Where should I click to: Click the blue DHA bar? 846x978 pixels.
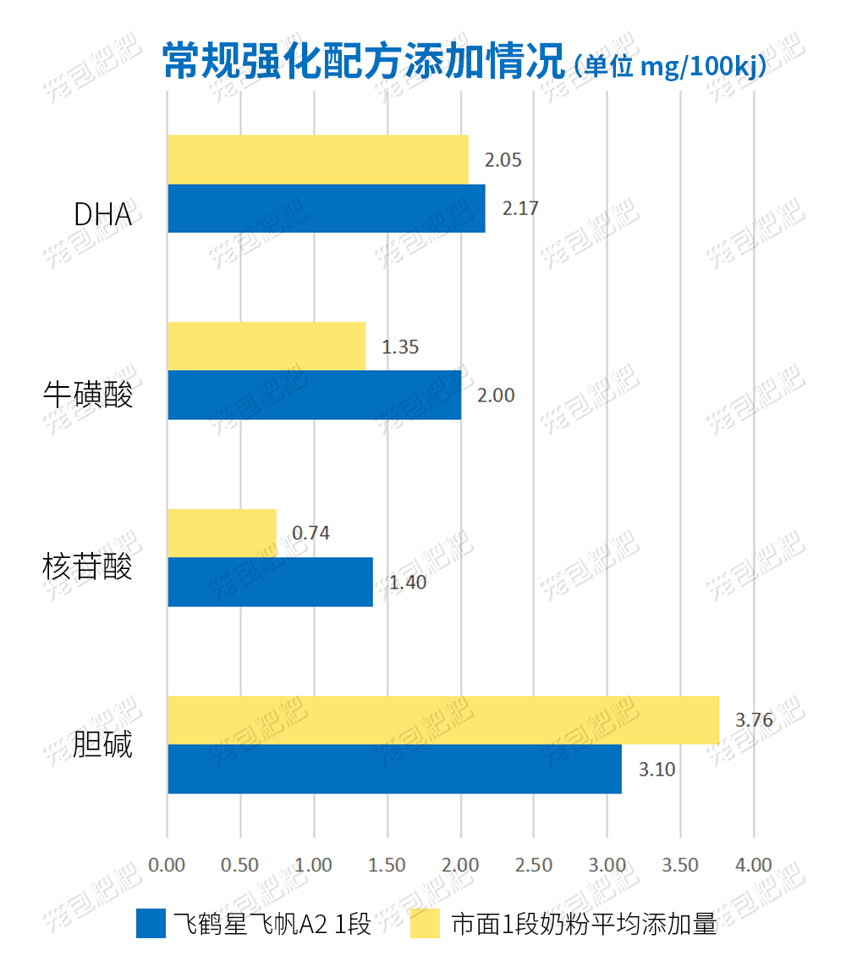pos(326,208)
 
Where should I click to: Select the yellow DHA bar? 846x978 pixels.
pos(317,159)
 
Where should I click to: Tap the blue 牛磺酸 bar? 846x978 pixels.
pos(314,395)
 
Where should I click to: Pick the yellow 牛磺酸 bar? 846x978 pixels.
pos(266,346)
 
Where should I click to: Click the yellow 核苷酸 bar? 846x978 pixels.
pos(222,533)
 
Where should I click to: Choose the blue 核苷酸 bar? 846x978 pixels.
pos(270,582)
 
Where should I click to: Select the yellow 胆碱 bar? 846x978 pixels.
pos(442,721)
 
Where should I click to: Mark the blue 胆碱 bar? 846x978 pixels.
pos(394,769)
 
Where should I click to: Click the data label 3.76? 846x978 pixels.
pos(754,721)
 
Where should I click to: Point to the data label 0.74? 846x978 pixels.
pos(310,533)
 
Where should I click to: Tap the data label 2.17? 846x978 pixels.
pos(520,208)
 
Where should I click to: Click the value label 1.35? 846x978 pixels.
pos(400,346)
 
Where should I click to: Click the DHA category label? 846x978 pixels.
pos(103,215)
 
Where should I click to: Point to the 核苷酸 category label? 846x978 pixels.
pos(88,566)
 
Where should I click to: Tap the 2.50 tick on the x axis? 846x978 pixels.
pos(534,865)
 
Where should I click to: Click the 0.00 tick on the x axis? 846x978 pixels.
pos(167,865)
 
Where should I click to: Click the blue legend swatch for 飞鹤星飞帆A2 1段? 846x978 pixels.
pos(151,924)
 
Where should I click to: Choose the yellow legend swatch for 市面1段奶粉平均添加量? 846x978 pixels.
pos(426,924)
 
